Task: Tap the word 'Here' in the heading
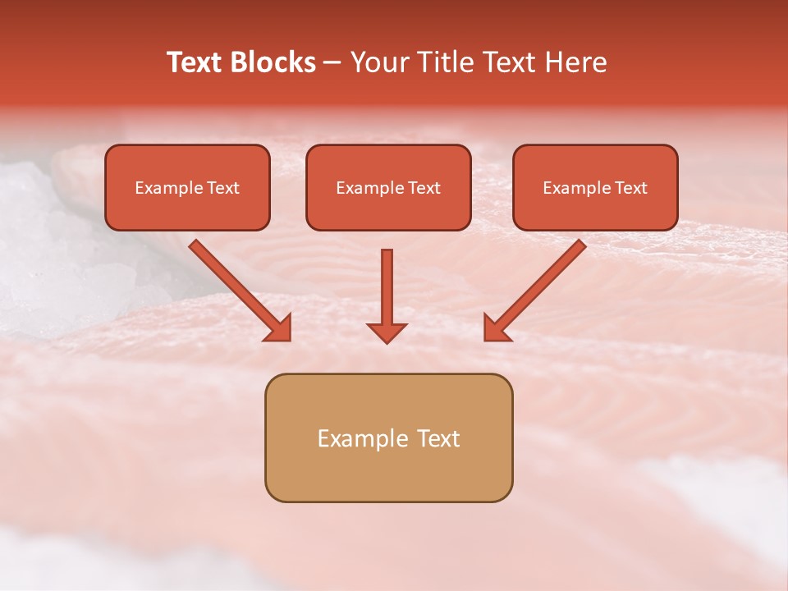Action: coord(578,62)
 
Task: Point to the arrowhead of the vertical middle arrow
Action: coord(387,332)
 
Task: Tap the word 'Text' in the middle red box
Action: coord(424,188)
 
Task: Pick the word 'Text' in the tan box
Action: coord(438,438)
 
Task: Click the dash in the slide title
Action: coord(332,62)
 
